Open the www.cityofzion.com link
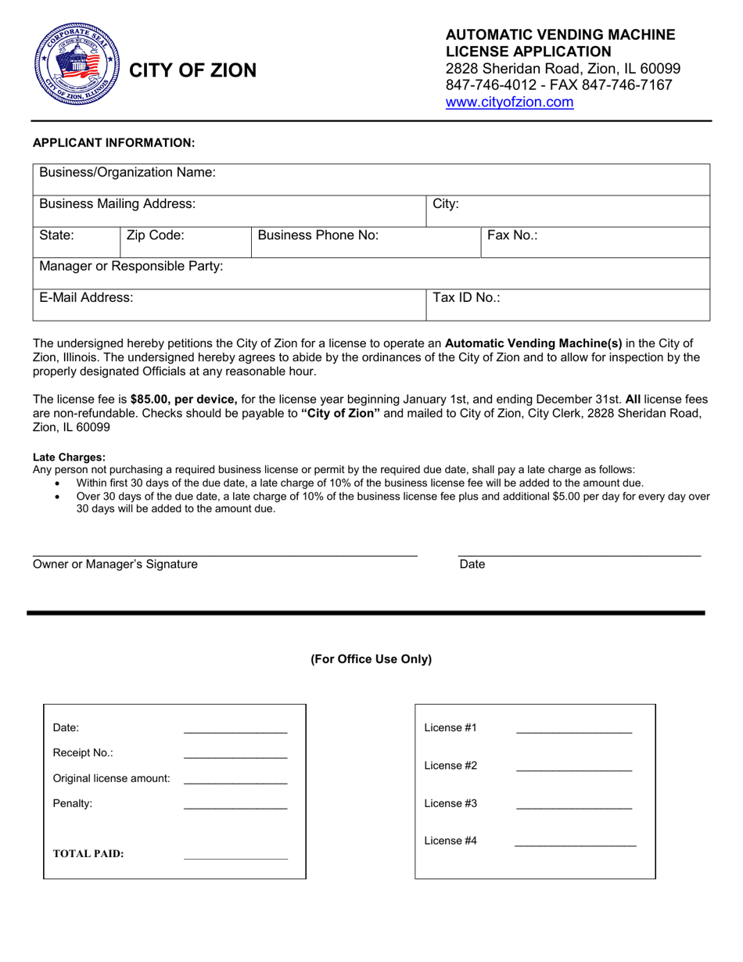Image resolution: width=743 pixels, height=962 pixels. pos(509,102)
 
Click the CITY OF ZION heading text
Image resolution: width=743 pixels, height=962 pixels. pos(192,70)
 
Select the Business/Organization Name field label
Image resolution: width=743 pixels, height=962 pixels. pos(127,172)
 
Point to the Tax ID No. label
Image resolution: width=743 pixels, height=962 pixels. pos(467,298)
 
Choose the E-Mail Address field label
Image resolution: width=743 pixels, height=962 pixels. pos(86,298)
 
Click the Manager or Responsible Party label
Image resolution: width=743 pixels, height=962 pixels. pos(131,267)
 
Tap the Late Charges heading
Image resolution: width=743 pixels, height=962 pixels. pos(69,458)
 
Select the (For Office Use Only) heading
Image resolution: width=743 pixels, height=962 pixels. pos(371,659)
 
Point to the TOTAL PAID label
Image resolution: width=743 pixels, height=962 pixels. pos(88,854)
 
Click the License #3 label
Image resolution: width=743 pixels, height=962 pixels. pos(450,803)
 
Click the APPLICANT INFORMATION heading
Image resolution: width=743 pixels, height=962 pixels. pos(113,142)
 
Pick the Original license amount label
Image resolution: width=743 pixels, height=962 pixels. pos(111,779)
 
